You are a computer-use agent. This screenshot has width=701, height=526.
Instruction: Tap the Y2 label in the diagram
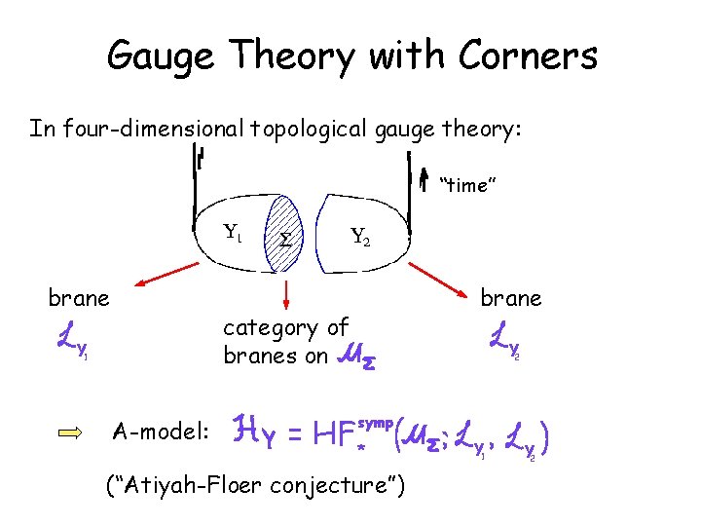pos(360,235)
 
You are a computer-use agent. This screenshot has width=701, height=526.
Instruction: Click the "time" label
pos(469,185)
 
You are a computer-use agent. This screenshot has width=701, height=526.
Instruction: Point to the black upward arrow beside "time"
pos(423,180)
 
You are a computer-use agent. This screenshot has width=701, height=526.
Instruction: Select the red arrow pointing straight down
pos(288,292)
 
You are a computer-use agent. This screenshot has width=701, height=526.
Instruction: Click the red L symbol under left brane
pos(65,340)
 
